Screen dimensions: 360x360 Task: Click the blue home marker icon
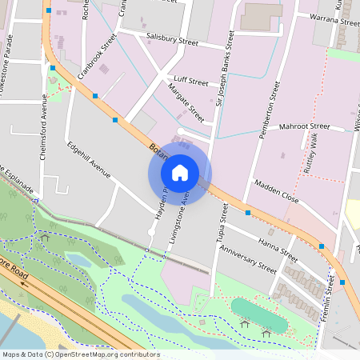(180, 172)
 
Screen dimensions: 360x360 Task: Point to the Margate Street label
(186, 104)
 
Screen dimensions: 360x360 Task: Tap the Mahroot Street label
(304, 126)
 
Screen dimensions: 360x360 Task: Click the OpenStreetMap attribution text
(81, 354)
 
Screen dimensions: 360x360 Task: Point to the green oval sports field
(258, 314)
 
